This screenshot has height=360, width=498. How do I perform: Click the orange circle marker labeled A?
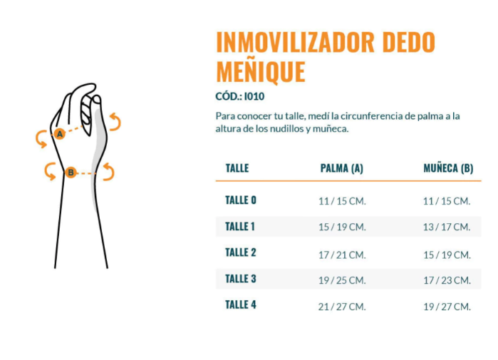pyautogui.click(x=60, y=134)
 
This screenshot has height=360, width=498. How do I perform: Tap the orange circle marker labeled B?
pyautogui.click(x=71, y=173)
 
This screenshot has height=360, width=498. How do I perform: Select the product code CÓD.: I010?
pyautogui.click(x=240, y=96)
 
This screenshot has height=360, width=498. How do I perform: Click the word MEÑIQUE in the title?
pyautogui.click(x=261, y=71)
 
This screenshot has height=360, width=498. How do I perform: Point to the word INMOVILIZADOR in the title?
pyautogui.click(x=295, y=42)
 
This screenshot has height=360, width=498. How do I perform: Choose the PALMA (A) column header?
pyautogui.click(x=342, y=168)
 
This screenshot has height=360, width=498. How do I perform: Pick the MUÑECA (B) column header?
pyautogui.click(x=448, y=168)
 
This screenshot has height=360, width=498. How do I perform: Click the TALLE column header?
pyautogui.click(x=237, y=168)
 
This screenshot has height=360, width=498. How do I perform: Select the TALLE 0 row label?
pyautogui.click(x=241, y=200)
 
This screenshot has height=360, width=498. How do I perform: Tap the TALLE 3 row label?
pyautogui.click(x=241, y=279)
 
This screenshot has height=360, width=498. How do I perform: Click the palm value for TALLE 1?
pyautogui.click(x=342, y=227)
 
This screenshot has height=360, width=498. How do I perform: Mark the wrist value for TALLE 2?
pyautogui.click(x=447, y=254)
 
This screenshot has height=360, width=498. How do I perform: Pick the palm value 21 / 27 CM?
pyautogui.click(x=342, y=307)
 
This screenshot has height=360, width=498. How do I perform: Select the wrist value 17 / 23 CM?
pyautogui.click(x=447, y=280)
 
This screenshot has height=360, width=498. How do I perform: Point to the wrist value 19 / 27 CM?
pyautogui.click(x=447, y=307)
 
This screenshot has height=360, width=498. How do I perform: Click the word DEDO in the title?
pyautogui.click(x=408, y=42)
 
